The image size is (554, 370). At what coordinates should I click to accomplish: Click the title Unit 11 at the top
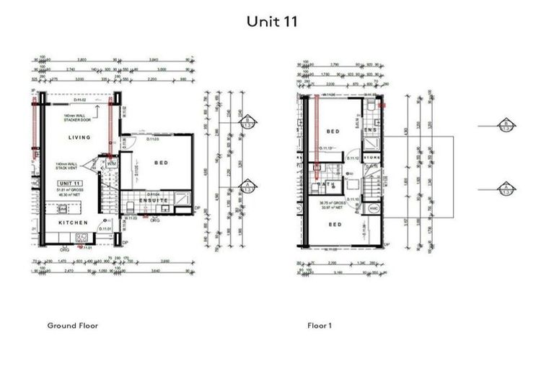point(272,22)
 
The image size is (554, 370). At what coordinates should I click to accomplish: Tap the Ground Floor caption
point(72,326)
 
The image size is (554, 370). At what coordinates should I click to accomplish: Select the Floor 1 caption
point(320,326)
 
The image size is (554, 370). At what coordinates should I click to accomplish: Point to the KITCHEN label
point(74,223)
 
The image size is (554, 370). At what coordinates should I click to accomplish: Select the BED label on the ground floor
point(161,163)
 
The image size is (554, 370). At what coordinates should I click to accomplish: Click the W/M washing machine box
point(111,164)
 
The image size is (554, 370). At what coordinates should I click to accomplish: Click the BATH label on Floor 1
point(324,185)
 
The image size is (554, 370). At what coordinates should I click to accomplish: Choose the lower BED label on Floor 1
point(335,225)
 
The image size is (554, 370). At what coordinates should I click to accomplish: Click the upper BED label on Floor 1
point(333,132)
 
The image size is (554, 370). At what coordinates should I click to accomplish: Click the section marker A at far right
point(506,189)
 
